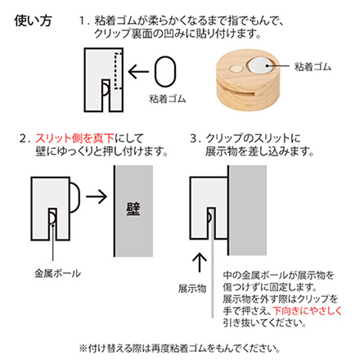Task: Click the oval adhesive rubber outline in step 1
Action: click(165, 71)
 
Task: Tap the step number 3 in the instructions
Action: click(194, 137)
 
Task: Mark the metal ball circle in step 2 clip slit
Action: click(52, 214)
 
